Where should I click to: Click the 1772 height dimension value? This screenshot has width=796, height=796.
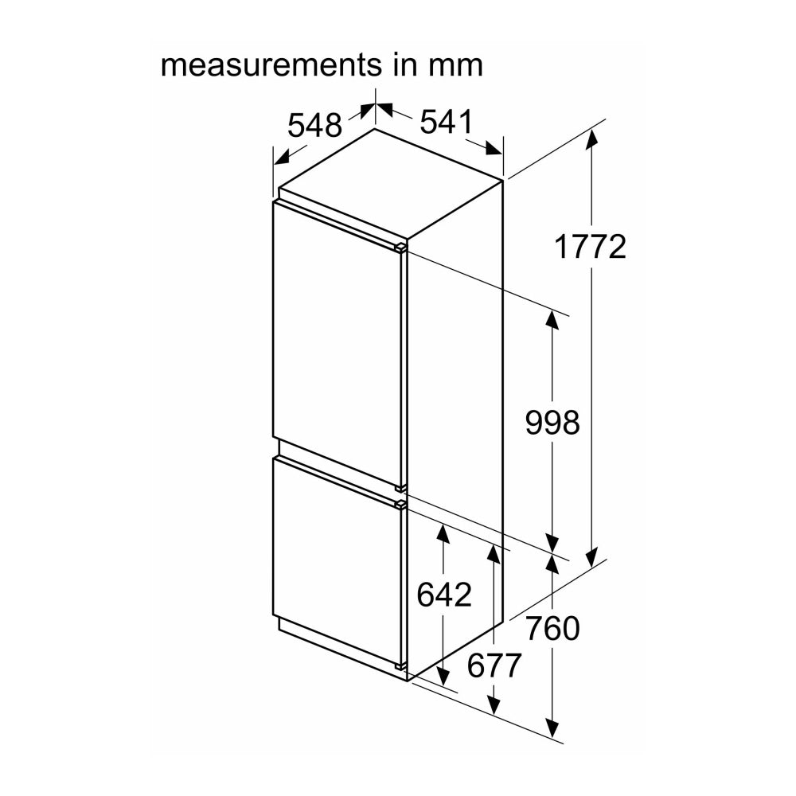(591, 248)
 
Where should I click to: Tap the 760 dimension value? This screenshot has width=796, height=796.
(552, 628)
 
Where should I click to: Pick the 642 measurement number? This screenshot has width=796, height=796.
(444, 594)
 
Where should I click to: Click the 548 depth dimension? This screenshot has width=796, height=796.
(314, 125)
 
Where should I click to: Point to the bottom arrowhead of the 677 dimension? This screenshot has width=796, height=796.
(494, 705)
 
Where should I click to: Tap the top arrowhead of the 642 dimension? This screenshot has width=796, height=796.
(443, 534)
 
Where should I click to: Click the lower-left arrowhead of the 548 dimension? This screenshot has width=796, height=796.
(283, 158)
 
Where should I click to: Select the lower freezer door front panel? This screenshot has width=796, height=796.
(338, 564)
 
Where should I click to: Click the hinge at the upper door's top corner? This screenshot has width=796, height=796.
(400, 248)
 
